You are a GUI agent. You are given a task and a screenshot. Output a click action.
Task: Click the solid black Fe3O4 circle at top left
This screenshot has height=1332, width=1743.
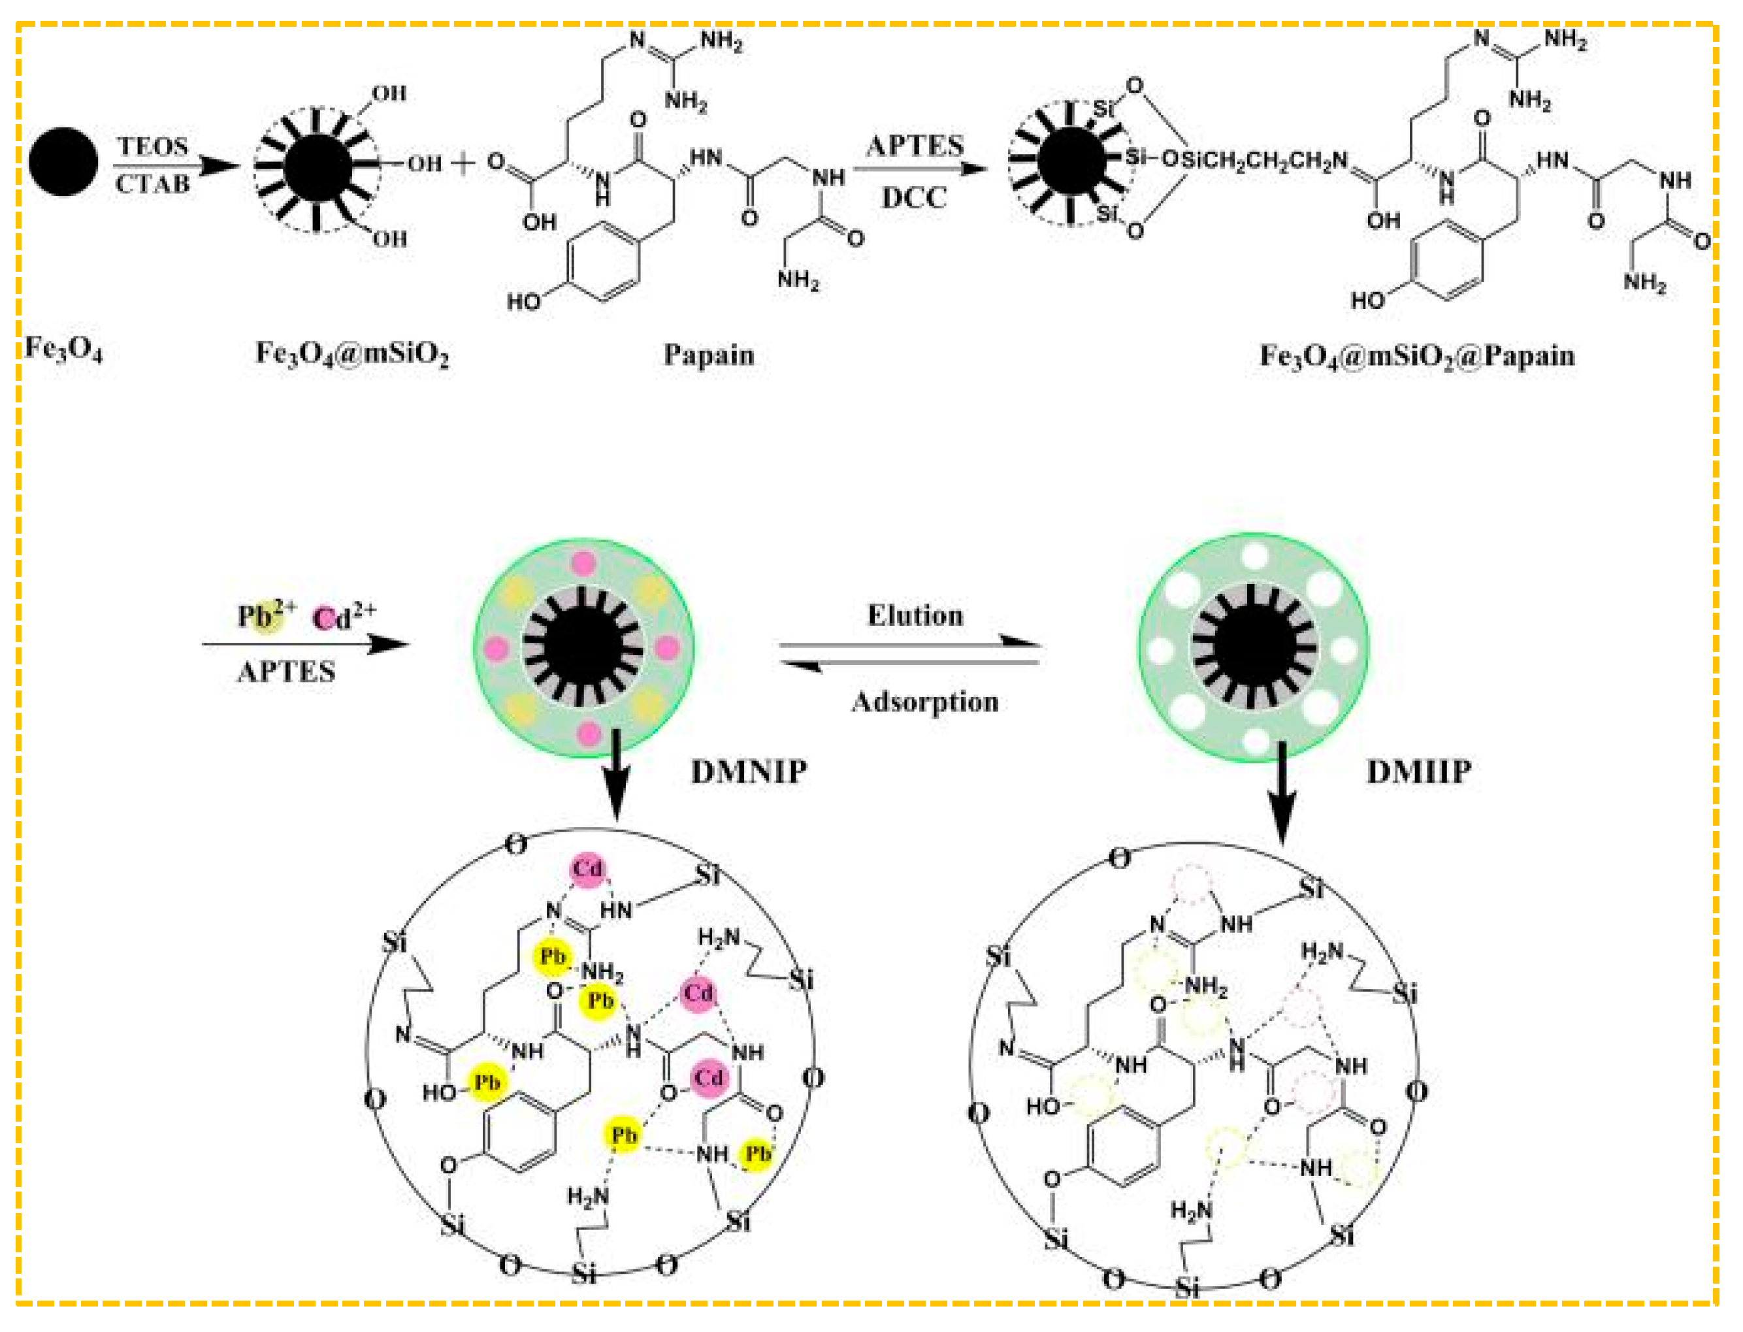click(63, 162)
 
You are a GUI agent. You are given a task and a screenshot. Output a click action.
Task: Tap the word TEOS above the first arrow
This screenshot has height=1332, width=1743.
click(152, 148)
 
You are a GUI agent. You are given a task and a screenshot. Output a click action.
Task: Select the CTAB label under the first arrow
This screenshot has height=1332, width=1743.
click(152, 185)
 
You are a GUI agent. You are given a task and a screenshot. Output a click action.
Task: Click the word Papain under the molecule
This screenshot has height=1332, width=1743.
click(708, 355)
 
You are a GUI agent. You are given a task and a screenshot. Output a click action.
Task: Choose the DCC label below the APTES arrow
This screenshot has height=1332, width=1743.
click(915, 198)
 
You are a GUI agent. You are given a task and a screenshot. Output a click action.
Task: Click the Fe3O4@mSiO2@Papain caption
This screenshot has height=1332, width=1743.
click(1417, 356)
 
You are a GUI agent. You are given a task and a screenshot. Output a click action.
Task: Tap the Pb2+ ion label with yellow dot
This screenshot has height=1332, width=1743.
click(266, 616)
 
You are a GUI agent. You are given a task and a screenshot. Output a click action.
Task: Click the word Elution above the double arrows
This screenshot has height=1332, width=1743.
click(915, 616)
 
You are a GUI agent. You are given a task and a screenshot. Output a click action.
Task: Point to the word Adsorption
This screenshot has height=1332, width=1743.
click(924, 702)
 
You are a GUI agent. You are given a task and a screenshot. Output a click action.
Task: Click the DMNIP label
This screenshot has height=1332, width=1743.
click(749, 772)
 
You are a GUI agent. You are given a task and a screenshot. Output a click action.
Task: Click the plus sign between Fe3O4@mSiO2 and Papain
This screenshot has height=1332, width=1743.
click(463, 164)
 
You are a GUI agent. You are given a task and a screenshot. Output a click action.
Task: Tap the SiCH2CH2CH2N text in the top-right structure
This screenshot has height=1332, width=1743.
click(1265, 161)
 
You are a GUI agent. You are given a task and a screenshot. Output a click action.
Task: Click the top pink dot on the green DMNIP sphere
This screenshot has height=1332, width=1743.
click(583, 564)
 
